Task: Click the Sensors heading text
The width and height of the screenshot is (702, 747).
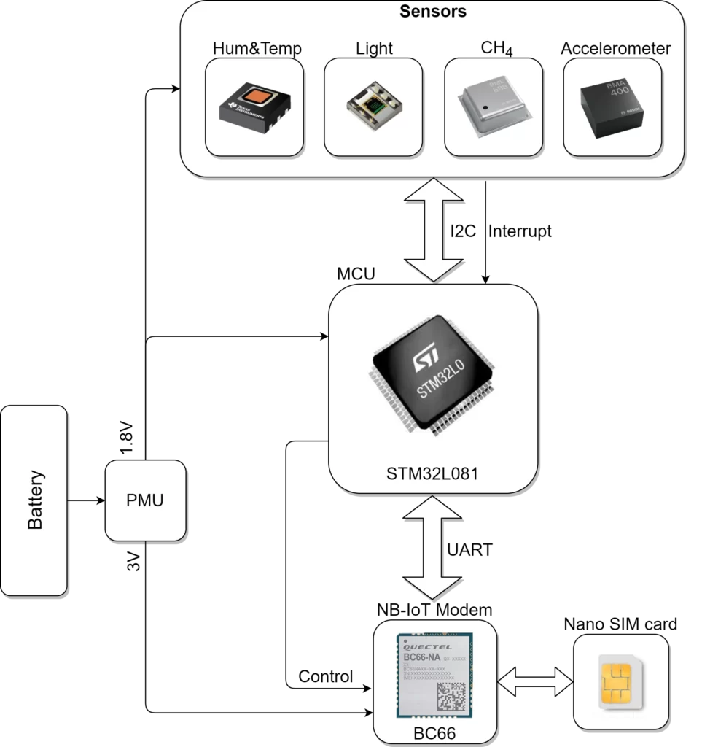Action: coord(432,12)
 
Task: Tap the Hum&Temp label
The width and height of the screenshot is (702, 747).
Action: coord(257,49)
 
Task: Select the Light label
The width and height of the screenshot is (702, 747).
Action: coord(374,49)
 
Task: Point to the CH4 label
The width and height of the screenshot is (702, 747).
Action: coord(496,50)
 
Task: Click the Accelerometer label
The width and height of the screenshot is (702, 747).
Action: coord(615,49)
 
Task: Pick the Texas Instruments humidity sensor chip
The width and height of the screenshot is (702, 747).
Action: coord(254,108)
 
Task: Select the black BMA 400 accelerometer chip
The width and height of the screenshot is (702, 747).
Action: coord(612,108)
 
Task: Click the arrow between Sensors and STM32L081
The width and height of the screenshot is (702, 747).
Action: coord(433,228)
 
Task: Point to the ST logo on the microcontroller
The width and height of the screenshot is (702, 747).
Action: coord(424,361)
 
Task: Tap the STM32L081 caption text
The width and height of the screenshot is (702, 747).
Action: coord(432,474)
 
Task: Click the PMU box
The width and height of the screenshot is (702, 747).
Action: coord(145,500)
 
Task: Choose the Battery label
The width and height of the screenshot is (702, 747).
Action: coord(35,500)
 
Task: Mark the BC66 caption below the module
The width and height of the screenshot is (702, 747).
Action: coord(434,733)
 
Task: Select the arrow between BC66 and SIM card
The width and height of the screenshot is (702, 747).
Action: coord(535,683)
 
